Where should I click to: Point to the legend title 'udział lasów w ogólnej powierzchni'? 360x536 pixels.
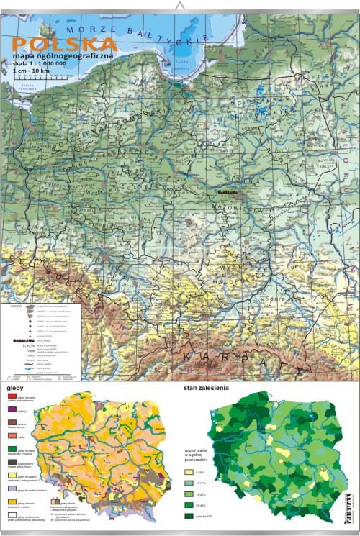[194, 454]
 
